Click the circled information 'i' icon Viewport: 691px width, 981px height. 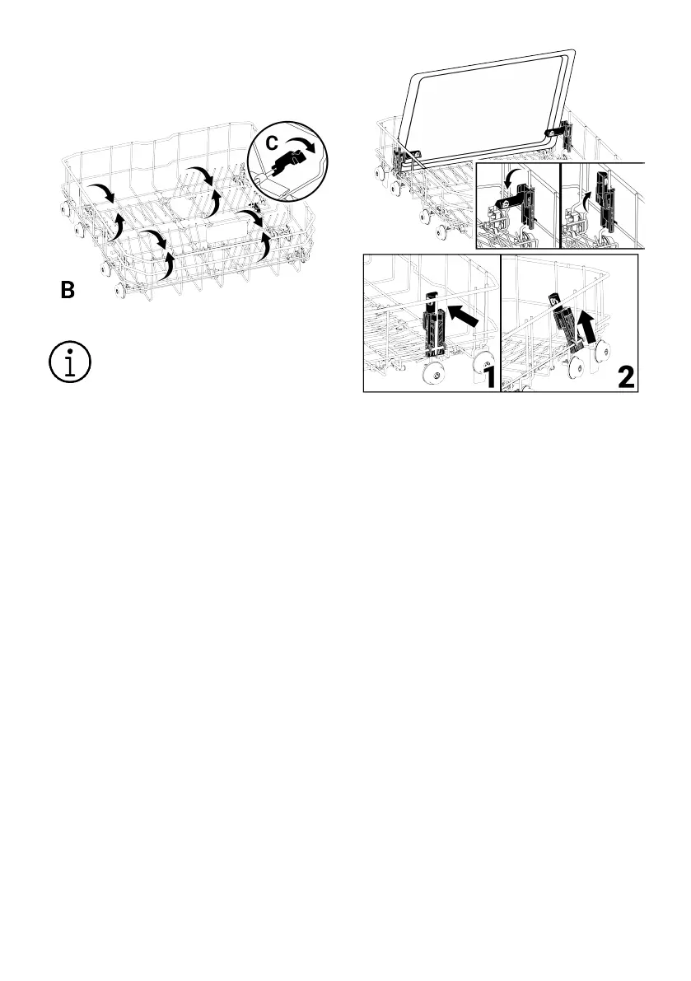pyautogui.click(x=70, y=362)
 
